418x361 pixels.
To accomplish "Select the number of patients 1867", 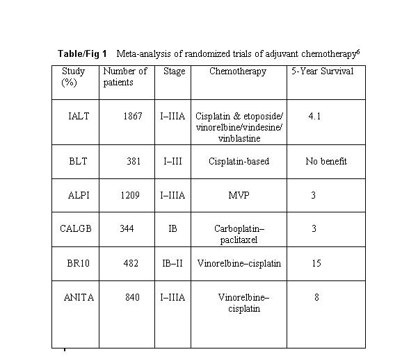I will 133,116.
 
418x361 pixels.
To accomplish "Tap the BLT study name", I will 78,161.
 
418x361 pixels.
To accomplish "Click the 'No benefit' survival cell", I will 326,161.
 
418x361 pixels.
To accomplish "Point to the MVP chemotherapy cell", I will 239,196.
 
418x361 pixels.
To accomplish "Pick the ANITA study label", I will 79,297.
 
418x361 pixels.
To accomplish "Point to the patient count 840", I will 132,297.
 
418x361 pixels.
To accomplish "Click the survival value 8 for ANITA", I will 316,297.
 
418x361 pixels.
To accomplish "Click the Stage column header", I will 175,71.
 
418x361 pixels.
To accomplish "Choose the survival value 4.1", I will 314,116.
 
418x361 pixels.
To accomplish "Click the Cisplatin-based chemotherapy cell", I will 239,161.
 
